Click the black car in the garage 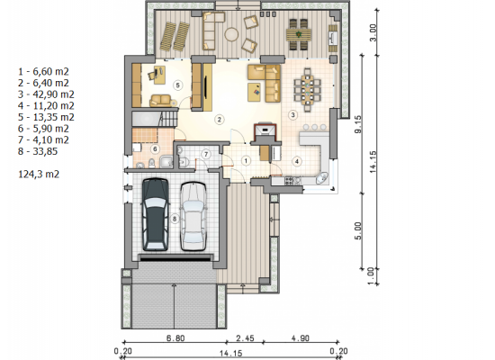tap(155, 215)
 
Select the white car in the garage tap(193, 216)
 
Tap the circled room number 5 tap(177, 85)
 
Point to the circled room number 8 tap(175, 219)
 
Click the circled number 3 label tap(292, 115)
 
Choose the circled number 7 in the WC tap(206, 154)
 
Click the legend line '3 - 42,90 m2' tap(46, 94)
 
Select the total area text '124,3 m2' tap(39, 174)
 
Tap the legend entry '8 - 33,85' tap(38, 151)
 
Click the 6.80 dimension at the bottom tap(175, 338)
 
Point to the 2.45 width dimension tap(245, 338)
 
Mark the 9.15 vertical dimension tap(358, 124)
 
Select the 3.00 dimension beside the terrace tap(373, 32)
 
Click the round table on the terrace tap(231, 34)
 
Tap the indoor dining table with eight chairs tap(307, 90)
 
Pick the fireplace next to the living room tap(265, 132)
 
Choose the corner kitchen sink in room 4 tap(322, 178)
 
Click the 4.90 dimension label tap(301, 338)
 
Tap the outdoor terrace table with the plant tap(299, 34)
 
